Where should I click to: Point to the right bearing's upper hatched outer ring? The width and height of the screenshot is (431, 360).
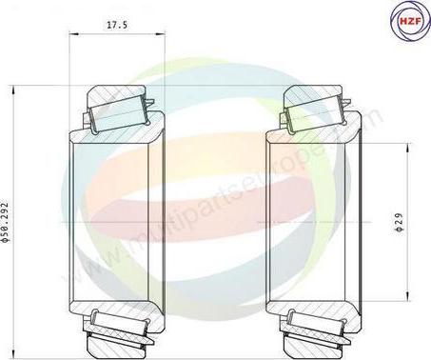pyautogui.click(x=315, y=98)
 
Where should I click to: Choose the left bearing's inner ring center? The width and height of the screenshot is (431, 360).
pyautogui.click(x=115, y=220)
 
